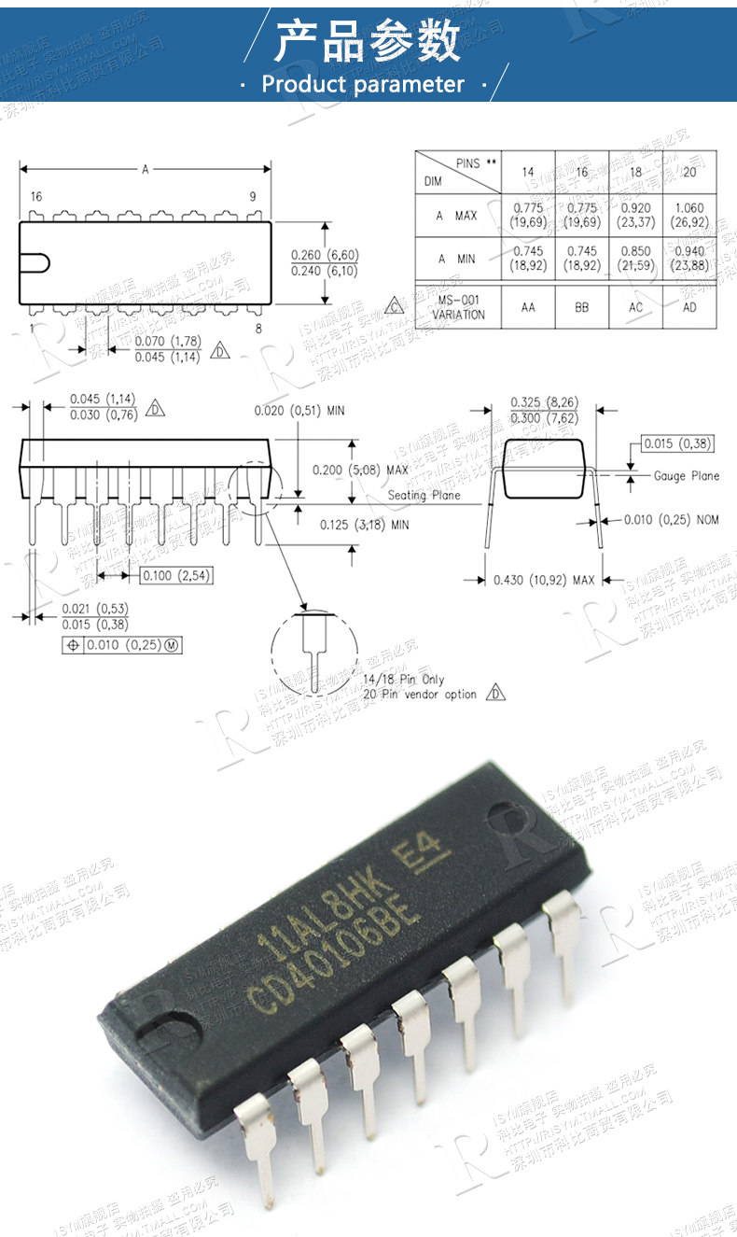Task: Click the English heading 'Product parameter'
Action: coord(362,84)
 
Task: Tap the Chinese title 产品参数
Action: coord(368,42)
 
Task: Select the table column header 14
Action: coord(528,173)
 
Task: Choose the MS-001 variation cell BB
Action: coord(582,307)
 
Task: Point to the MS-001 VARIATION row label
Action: coord(460,307)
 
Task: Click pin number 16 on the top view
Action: coord(36,197)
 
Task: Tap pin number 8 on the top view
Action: coord(257,329)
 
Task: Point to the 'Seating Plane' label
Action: coord(424,495)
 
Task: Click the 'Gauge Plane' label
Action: coord(686,476)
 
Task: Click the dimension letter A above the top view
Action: coord(146,170)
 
